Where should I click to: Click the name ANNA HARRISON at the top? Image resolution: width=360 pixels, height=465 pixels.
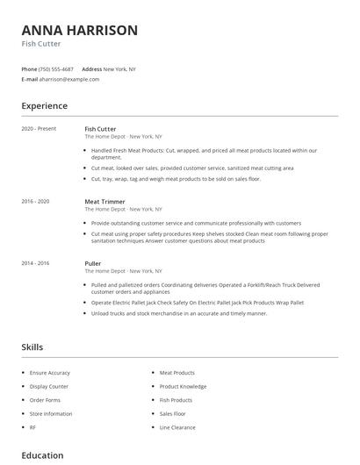(79, 31)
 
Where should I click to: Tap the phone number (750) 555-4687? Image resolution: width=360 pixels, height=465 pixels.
(57, 68)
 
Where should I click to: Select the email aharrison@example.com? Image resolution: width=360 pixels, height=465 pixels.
(69, 79)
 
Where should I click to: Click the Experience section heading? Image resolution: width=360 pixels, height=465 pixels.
(44, 106)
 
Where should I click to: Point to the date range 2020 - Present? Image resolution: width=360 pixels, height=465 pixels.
(39, 129)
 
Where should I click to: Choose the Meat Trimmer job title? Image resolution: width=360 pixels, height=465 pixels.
(104, 202)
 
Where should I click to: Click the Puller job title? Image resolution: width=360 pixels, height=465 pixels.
(92, 263)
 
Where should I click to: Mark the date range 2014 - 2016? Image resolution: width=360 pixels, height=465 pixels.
(35, 263)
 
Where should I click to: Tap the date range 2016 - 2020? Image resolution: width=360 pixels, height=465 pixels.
(35, 202)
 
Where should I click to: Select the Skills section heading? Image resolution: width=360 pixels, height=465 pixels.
(32, 347)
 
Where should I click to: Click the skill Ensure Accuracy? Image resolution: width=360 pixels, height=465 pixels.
(49, 373)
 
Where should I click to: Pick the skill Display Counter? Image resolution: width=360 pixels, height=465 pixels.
(49, 386)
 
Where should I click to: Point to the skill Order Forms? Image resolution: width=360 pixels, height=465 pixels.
(45, 400)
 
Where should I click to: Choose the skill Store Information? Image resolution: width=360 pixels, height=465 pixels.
(51, 413)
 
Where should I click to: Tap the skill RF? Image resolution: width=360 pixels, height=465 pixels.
(32, 427)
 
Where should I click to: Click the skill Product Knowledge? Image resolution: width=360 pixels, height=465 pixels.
(183, 386)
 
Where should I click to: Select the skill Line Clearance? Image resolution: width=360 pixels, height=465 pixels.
(177, 427)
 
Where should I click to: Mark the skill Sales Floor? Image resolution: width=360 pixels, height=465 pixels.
(172, 413)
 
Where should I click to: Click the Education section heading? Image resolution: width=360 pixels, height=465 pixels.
(42, 455)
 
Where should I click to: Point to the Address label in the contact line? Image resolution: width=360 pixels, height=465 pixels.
(91, 68)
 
